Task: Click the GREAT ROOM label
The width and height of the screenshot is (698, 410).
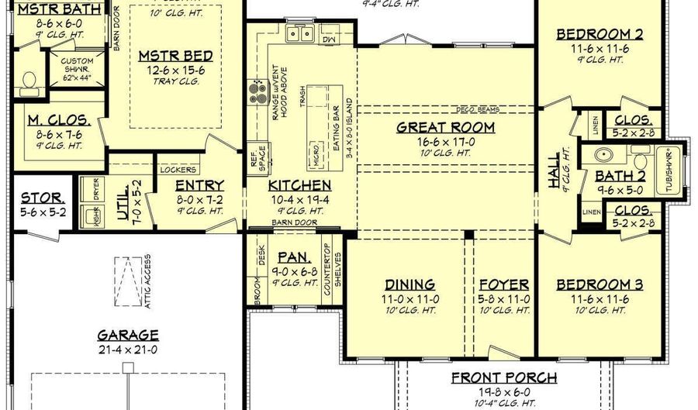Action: point(445,127)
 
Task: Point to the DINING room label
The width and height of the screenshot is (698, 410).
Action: point(409,284)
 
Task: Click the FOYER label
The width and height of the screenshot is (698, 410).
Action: point(503,284)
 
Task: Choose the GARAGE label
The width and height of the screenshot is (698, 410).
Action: point(128,336)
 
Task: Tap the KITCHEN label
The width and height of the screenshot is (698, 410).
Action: point(299,186)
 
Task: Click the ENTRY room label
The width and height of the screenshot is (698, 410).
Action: point(199,186)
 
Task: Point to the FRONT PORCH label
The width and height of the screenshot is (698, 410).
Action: point(504,378)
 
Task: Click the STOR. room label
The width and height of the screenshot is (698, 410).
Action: point(42,198)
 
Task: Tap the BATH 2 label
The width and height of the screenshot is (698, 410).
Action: point(620,177)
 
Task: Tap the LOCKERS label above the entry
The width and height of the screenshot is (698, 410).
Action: point(178,170)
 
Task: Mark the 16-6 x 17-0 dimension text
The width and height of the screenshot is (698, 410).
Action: point(445,142)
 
